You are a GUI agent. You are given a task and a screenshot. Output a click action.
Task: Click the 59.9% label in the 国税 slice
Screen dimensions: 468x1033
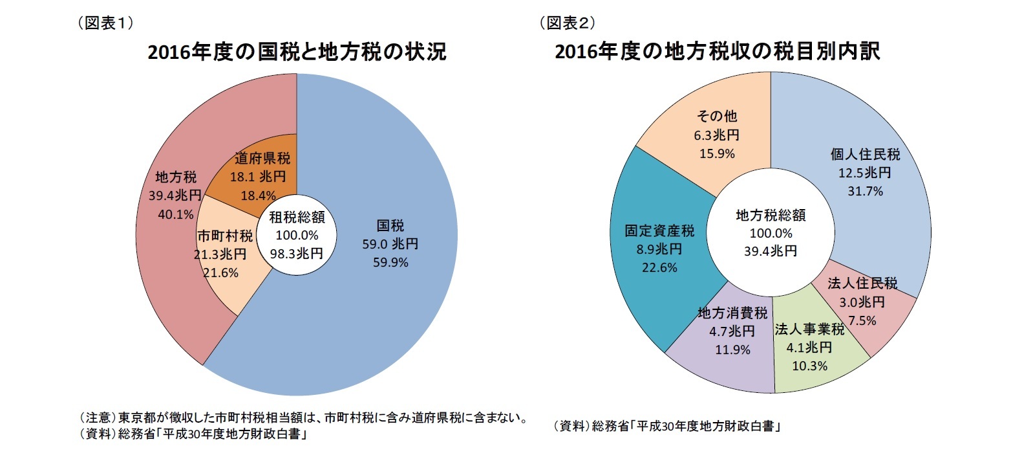click(x=390, y=263)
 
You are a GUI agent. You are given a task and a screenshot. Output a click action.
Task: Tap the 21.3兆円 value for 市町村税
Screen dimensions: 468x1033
click(x=220, y=254)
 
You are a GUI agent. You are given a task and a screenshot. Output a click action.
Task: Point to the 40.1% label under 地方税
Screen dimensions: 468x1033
click(x=176, y=214)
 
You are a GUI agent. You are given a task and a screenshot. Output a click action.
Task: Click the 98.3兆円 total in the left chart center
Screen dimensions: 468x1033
click(x=297, y=254)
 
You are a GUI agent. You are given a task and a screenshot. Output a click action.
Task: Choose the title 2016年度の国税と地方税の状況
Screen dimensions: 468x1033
click(x=297, y=52)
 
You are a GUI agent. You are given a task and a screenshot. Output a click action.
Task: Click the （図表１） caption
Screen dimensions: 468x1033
click(x=105, y=23)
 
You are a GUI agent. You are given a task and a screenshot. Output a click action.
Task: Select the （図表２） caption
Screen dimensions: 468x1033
click(x=568, y=23)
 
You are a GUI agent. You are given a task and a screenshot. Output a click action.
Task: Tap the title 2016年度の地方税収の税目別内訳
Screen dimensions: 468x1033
click(x=717, y=52)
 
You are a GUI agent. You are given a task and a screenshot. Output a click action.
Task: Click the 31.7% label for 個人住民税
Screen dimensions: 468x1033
click(x=865, y=192)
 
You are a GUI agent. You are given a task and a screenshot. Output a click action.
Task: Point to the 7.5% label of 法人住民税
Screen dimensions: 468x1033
click(x=862, y=321)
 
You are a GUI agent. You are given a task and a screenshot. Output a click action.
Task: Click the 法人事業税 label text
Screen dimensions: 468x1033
click(x=809, y=329)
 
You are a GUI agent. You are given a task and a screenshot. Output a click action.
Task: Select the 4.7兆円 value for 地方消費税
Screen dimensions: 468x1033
click(x=732, y=331)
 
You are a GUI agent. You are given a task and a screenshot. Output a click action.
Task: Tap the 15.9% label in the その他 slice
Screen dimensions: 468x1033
click(x=717, y=154)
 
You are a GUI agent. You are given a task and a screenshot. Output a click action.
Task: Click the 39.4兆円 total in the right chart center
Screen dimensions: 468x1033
click(x=771, y=251)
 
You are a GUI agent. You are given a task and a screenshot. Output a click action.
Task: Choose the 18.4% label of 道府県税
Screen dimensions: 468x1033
click(x=258, y=195)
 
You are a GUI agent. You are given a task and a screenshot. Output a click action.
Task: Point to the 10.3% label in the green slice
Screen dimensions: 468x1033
click(x=809, y=366)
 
